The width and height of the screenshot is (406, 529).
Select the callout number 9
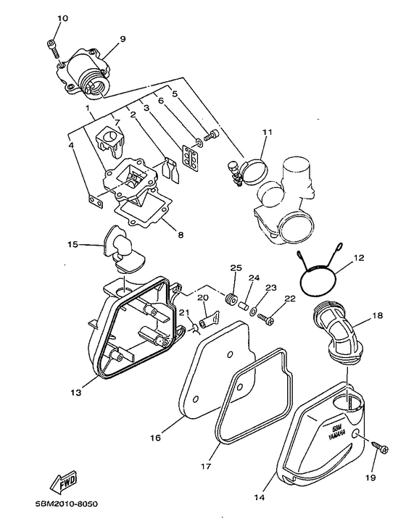122,39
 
